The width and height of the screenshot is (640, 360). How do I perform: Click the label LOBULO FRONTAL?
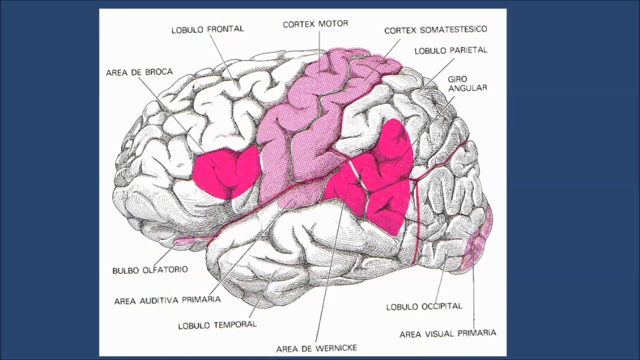click(207, 29)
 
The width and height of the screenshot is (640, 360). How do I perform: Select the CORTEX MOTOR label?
click(315, 24)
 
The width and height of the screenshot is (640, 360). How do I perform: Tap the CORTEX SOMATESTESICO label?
click(435, 30)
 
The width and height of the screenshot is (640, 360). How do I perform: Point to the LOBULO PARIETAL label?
click(450, 50)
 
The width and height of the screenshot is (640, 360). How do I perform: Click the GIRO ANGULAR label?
click(467, 83)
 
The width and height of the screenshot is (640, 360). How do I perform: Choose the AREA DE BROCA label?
click(139, 72)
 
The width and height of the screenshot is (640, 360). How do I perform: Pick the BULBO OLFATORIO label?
click(150, 270)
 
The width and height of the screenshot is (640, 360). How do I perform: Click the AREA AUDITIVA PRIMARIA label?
click(167, 300)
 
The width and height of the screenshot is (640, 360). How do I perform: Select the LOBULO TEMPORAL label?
click(217, 324)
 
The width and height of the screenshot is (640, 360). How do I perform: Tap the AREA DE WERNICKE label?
click(316, 348)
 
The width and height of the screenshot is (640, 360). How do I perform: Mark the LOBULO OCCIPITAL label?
click(424, 306)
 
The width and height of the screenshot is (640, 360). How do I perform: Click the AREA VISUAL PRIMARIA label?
click(447, 333)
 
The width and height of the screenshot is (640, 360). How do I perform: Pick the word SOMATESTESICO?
click(453, 30)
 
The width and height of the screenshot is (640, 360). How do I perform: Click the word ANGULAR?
click(467, 88)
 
